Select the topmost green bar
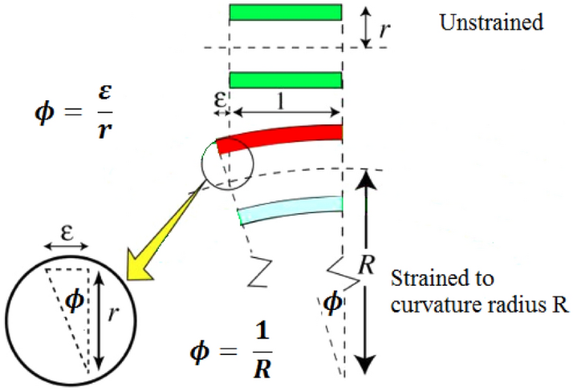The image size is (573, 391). tap(285, 13)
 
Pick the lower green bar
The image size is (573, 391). tap(285, 79)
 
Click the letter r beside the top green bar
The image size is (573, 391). tap(384, 29)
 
